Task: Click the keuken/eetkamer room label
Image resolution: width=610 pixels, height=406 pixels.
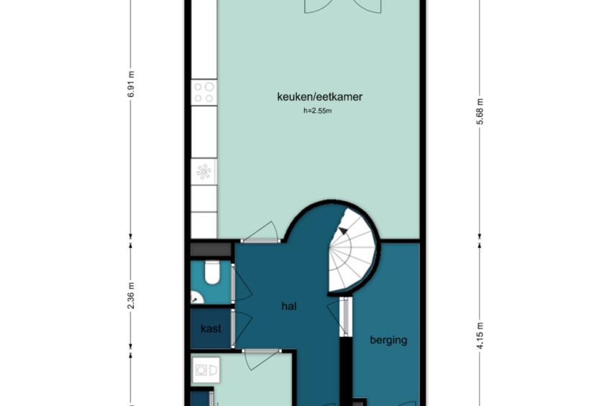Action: (319, 97)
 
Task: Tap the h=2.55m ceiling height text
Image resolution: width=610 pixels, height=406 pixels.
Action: (317, 111)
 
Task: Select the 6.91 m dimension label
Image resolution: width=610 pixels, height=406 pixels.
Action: (131, 84)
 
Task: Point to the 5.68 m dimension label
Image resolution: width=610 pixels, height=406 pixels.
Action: (481, 111)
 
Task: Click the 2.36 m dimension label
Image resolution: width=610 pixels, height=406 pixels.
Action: (131, 295)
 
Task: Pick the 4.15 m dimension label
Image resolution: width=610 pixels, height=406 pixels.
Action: (481, 336)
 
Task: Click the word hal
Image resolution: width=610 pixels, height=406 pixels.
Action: (289, 306)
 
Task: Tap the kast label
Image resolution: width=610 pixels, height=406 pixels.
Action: (211, 328)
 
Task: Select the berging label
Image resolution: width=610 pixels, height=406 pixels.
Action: (388, 341)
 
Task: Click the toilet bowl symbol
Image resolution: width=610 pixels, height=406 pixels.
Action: (212, 272)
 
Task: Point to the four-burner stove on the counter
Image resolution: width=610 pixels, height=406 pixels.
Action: (204, 93)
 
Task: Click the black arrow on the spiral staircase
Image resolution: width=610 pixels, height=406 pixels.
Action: (343, 231)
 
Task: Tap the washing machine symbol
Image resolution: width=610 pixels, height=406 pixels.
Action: (206, 370)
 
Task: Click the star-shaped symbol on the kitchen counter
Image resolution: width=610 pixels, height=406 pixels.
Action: (204, 171)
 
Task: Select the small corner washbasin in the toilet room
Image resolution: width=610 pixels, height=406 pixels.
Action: (196, 297)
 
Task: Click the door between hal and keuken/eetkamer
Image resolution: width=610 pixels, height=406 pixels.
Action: (260, 233)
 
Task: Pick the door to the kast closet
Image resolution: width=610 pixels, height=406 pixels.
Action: (241, 328)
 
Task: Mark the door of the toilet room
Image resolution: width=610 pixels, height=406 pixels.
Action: (241, 283)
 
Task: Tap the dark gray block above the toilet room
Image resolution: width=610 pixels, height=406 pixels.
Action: (211, 249)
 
